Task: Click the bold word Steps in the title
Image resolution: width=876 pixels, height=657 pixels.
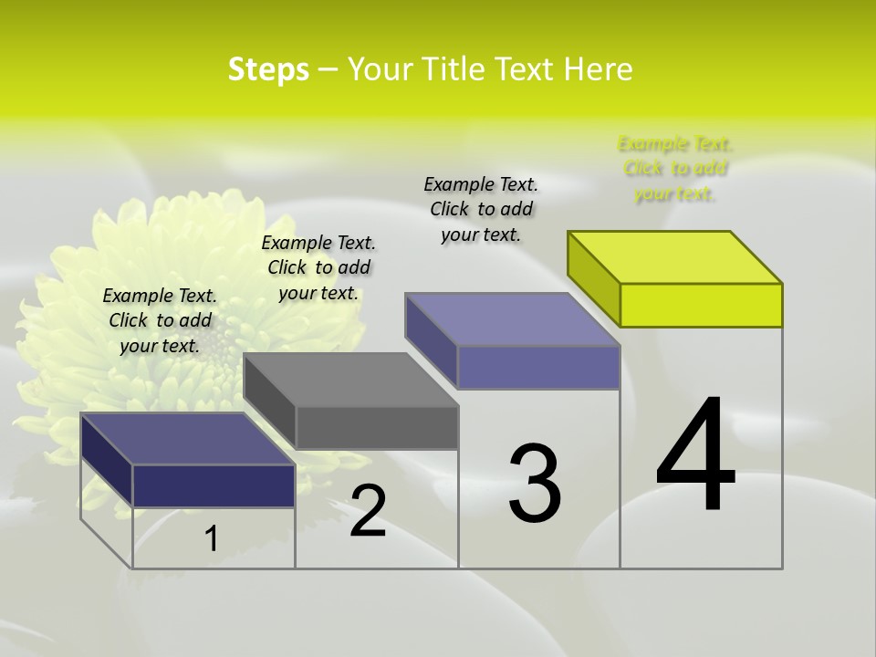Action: coord(268,69)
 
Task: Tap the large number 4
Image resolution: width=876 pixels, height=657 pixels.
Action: coord(695,456)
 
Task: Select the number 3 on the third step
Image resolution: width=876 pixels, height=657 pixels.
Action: coord(535,484)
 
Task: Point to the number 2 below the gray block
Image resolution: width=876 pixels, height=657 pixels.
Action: coord(368,511)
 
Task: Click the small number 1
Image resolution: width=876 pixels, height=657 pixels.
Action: coord(211,538)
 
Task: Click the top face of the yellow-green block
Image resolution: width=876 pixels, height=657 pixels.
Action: coord(675,256)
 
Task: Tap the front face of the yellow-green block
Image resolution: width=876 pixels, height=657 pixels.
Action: coord(701,305)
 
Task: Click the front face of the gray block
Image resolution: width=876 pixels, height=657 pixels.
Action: coord(377,427)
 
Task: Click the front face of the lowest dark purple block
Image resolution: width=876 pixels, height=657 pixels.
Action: coord(214,485)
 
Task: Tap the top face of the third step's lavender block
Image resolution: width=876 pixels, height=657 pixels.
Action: coord(513,319)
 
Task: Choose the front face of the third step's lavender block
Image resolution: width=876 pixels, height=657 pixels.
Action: coord(538,367)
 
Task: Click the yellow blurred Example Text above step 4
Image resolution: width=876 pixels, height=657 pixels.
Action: coord(674,169)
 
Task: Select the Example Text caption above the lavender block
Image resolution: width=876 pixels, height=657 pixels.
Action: coord(481,209)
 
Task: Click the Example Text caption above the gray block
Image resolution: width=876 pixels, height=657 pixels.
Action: coord(318,267)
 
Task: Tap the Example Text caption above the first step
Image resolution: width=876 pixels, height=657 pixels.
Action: coord(160,320)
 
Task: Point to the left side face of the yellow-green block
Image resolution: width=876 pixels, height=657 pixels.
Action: coord(593,274)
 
